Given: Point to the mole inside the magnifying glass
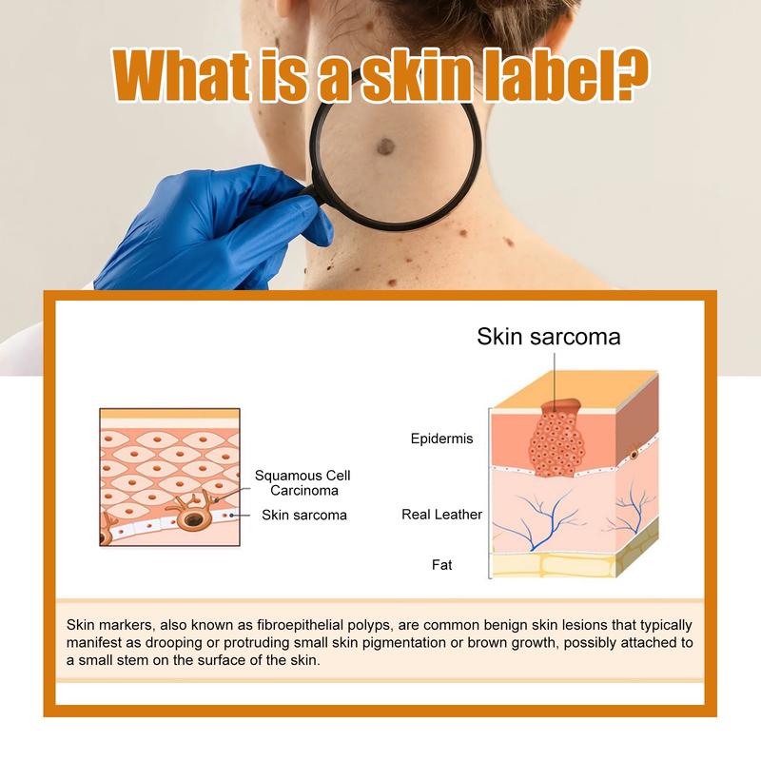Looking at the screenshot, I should point(385,146).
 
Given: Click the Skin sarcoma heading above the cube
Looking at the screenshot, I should point(549,336).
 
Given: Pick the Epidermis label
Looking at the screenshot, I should point(441,439).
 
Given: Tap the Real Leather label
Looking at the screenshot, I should point(441,515).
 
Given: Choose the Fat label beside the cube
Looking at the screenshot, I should point(441,565).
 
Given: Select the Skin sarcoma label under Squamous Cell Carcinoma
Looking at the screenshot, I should point(304,516).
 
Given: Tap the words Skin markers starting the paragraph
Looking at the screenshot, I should point(107,625).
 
